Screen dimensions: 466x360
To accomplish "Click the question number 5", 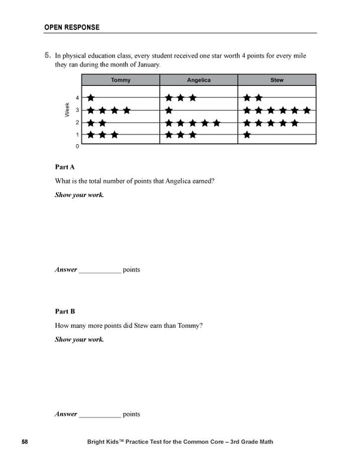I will coord(47,55).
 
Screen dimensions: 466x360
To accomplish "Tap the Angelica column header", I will coord(199,80).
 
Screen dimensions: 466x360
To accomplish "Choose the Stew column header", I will coord(277,80).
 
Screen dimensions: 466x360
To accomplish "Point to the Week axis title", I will coord(67,110).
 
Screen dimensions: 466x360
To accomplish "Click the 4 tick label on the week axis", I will coord(77,98).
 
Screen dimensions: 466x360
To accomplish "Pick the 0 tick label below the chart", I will coord(77,146).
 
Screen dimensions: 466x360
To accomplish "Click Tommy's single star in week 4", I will coord(91,98).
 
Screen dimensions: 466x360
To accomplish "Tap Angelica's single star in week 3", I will coord(169,110).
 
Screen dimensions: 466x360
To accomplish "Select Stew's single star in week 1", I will coord(247,135).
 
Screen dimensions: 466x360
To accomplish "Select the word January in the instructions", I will coord(143,64).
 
